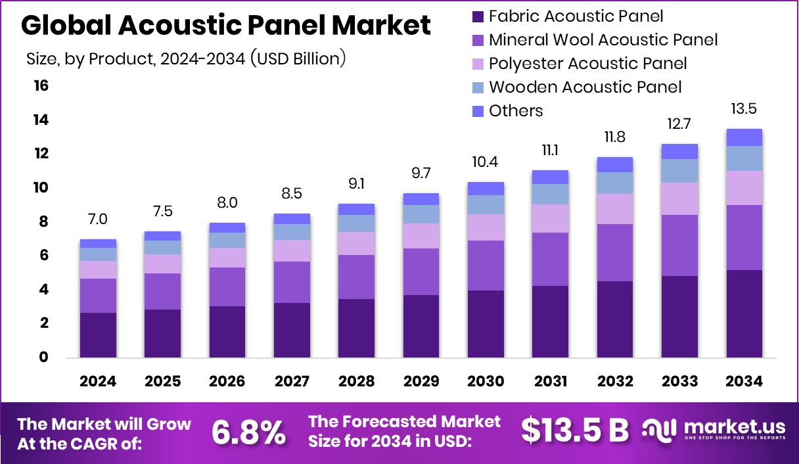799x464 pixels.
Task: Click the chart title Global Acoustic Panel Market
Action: pos(226,25)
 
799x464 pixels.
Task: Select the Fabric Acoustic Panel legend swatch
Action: pos(478,16)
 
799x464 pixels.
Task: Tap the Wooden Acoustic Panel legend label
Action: pos(585,87)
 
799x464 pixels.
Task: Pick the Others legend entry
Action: pos(516,110)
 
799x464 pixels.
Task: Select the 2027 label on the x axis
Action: pos(292,382)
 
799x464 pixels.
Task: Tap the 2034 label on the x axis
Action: pos(744,382)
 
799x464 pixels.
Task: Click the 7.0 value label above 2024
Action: pos(97,219)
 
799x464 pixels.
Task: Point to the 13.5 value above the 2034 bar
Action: pos(744,108)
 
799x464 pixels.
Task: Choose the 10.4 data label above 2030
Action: pos(486,162)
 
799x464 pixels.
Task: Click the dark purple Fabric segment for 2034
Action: pos(744,313)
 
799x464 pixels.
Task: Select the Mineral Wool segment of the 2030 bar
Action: pos(486,266)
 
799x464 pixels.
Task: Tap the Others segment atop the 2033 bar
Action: pos(679,151)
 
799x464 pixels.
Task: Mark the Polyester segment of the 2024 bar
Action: pos(97,269)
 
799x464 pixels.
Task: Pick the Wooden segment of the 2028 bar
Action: pos(356,223)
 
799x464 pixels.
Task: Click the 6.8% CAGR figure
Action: pos(248,432)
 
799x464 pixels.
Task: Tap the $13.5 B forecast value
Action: pos(574,430)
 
